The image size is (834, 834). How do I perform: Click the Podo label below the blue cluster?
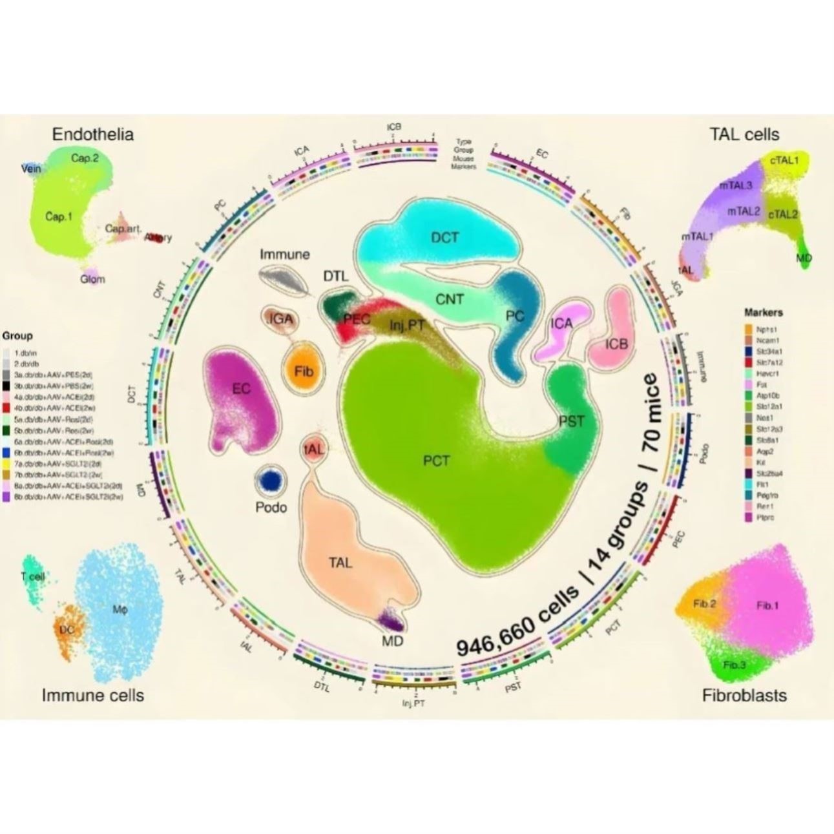271,508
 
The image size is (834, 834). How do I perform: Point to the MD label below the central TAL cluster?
392,641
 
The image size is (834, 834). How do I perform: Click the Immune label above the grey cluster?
285,254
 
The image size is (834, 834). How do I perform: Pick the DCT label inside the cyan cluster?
445,238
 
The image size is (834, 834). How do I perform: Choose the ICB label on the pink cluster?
616,344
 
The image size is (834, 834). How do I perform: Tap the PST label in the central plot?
571,422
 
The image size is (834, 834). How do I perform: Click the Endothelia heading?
93,134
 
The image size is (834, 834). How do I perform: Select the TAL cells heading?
744,134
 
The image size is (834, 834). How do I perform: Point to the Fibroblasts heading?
744,695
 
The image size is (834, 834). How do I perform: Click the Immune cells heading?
93,695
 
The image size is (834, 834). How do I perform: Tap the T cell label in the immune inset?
32,577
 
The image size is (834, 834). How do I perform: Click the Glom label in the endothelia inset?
92,280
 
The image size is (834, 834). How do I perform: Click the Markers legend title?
764,313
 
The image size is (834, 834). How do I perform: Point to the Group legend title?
17,336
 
